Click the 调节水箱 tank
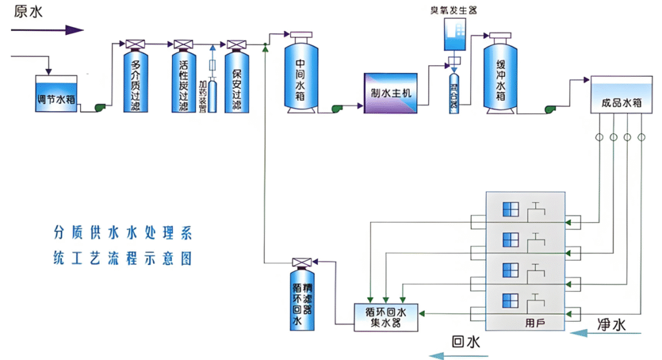tap(57, 96)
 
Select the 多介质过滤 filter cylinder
tap(136, 81)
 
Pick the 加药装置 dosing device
tap(213, 84)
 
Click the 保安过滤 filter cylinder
tap(236, 81)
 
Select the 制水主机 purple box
tap(390, 92)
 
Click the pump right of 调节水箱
tap(101, 109)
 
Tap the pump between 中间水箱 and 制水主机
tap(337, 109)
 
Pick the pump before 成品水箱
tap(552, 109)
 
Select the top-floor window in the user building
tap(511, 209)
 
